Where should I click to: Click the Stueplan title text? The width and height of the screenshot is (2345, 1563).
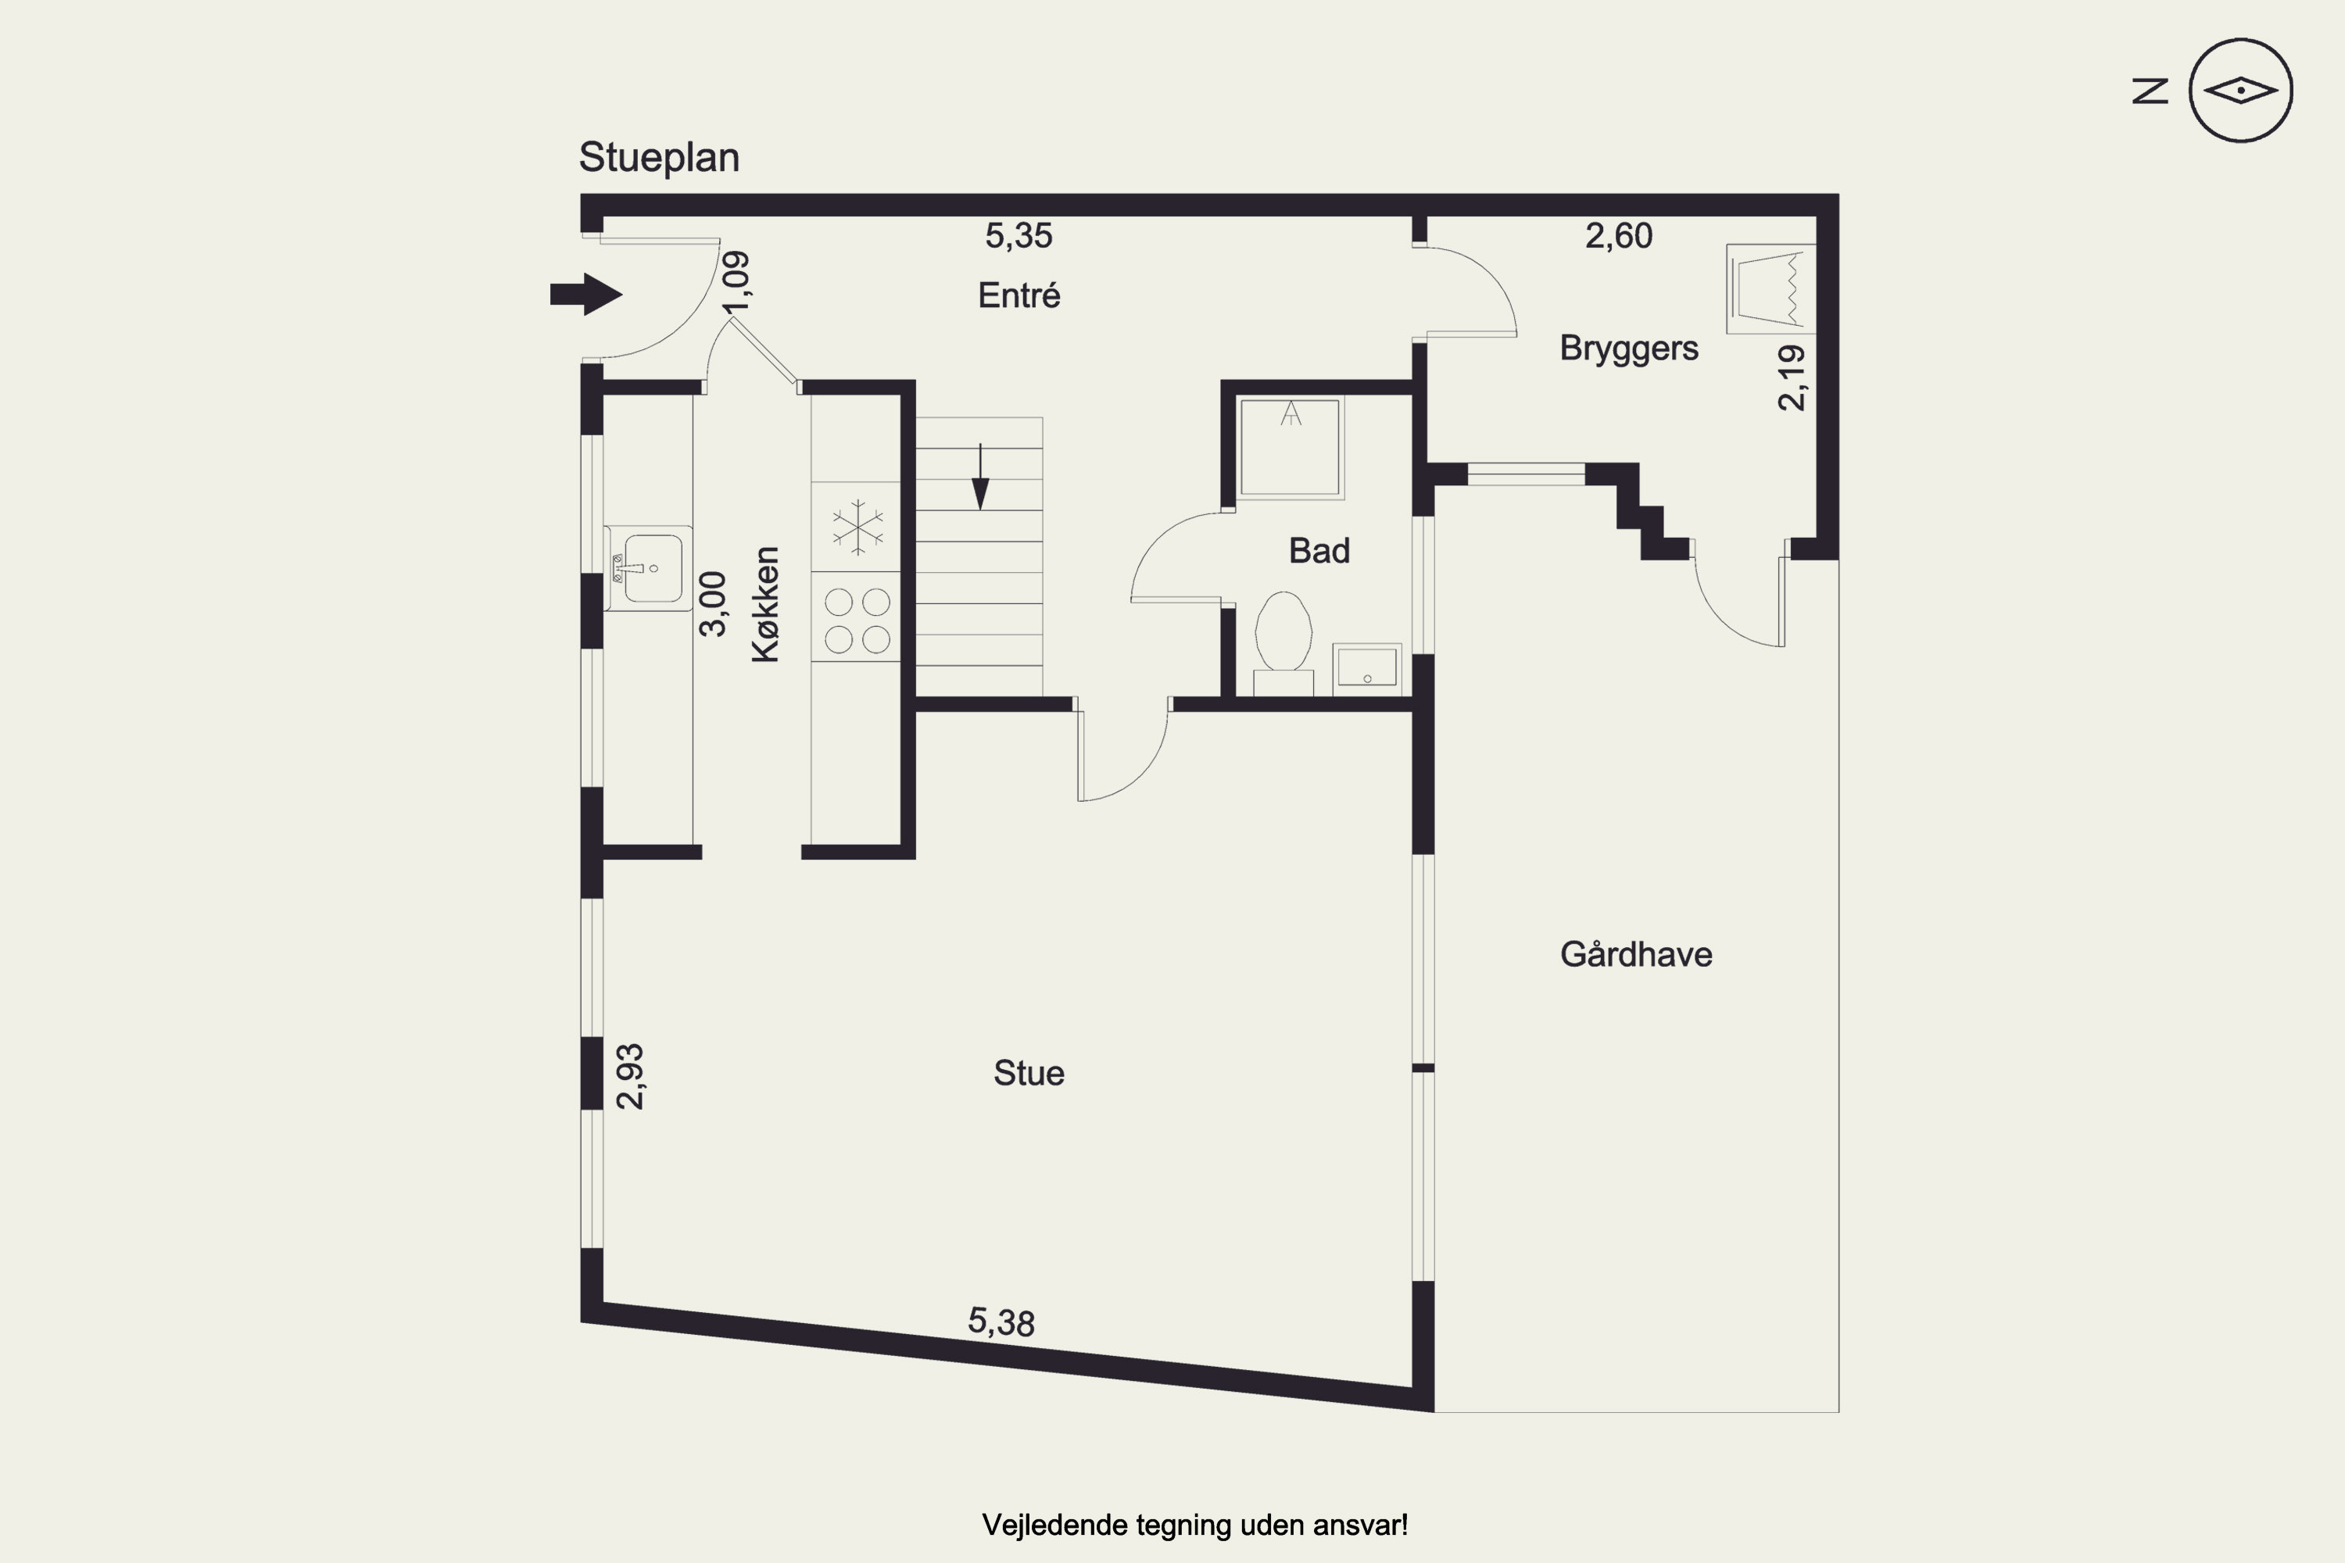click(659, 158)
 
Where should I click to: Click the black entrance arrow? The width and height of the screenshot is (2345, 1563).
click(586, 294)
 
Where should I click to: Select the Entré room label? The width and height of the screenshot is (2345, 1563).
click(1019, 295)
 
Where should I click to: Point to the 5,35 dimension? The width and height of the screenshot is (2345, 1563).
click(1019, 235)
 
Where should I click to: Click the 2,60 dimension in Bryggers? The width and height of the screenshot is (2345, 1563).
click(1619, 235)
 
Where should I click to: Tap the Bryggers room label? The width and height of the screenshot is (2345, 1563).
click(1629, 348)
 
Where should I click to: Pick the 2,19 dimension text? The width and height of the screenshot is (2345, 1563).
click(1792, 377)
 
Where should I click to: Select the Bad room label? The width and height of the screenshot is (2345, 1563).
click(1319, 550)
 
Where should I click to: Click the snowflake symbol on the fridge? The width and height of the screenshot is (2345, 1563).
click(857, 528)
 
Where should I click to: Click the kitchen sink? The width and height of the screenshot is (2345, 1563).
click(648, 568)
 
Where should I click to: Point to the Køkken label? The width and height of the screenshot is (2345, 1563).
click(764, 604)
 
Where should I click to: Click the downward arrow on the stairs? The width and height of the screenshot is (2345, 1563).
click(980, 477)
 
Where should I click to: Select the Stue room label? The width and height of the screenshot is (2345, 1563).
click(1029, 1072)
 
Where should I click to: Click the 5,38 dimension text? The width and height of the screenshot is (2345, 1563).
click(1001, 1322)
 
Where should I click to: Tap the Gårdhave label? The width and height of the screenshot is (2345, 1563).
click(1636, 954)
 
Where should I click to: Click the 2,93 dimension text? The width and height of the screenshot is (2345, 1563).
click(630, 1077)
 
